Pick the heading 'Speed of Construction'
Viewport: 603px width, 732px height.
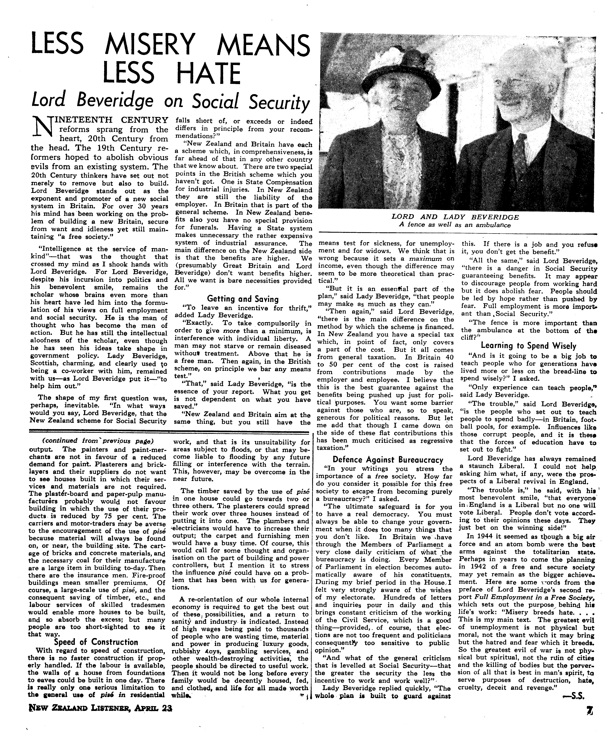pyautogui.click(x=96, y=642)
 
